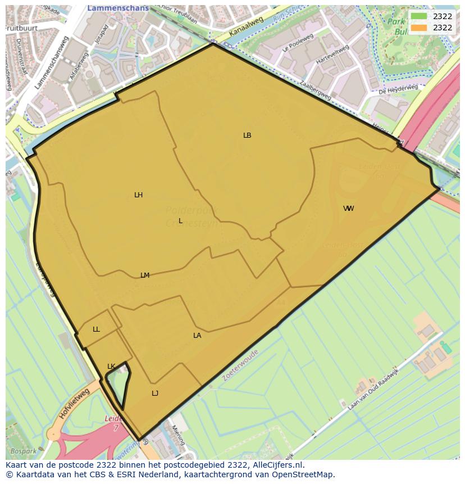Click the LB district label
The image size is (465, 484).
pos(247,135)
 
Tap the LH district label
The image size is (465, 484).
pos(138,195)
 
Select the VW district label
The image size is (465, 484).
pos(348,209)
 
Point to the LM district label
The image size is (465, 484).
pos(145,275)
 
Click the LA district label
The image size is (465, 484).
pos(197,336)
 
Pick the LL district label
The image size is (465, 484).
pos(96,329)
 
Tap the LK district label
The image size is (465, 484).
pos(111,367)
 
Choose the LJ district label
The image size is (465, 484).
pos(155,393)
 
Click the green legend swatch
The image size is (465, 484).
pos(419,16)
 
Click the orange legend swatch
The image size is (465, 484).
pos(419,28)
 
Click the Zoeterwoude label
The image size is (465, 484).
pos(240,365)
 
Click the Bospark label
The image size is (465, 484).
pos(24,451)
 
